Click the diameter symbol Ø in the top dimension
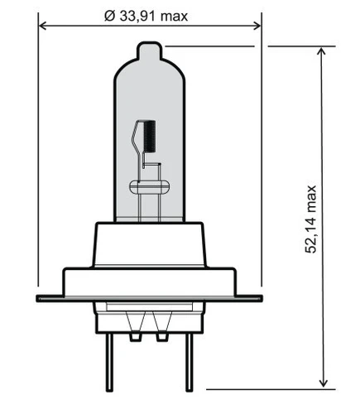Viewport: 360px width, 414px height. point(109,16)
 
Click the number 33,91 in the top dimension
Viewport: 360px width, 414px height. point(137,17)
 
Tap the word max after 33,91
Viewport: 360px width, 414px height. point(174,17)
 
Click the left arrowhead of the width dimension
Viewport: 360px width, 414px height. point(43,26)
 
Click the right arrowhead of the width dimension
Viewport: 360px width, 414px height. point(257,26)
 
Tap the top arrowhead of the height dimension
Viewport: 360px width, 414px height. point(322,51)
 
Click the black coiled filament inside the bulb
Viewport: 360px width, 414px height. point(150,136)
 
